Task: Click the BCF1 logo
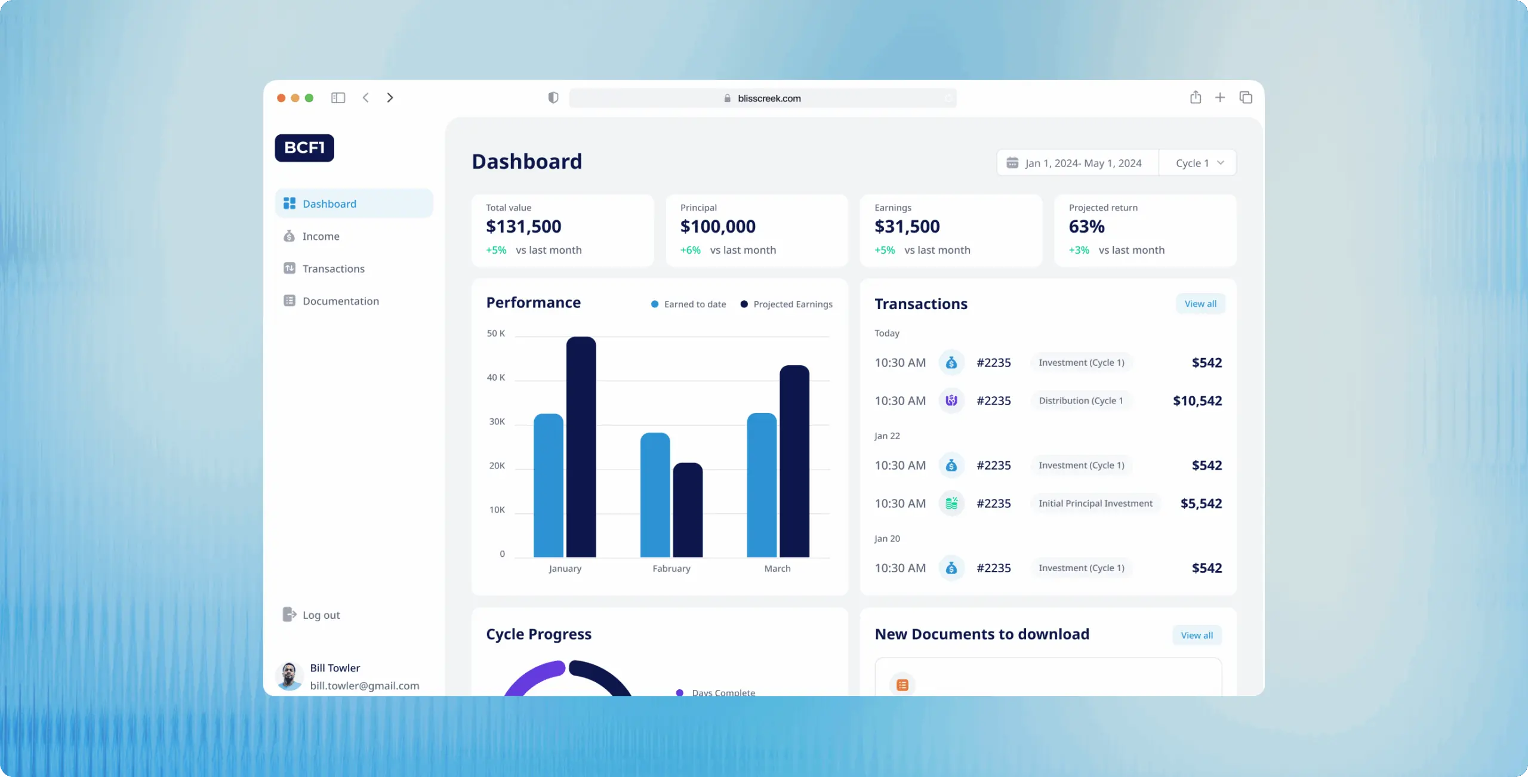[304, 147]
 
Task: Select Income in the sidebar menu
[321, 236]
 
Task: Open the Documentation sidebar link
[340, 301]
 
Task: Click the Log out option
[321, 615]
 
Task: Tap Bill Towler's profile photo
[289, 676]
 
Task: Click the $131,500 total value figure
[523, 227]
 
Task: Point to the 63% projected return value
[1086, 227]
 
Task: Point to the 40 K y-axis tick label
[495, 377]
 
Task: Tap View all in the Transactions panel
[1200, 304]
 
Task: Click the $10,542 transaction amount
[1197, 401]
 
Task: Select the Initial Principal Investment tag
[1095, 504]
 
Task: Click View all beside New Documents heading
[1196, 636]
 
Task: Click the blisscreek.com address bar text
[769, 98]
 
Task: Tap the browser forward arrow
[390, 98]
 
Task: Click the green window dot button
[309, 98]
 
